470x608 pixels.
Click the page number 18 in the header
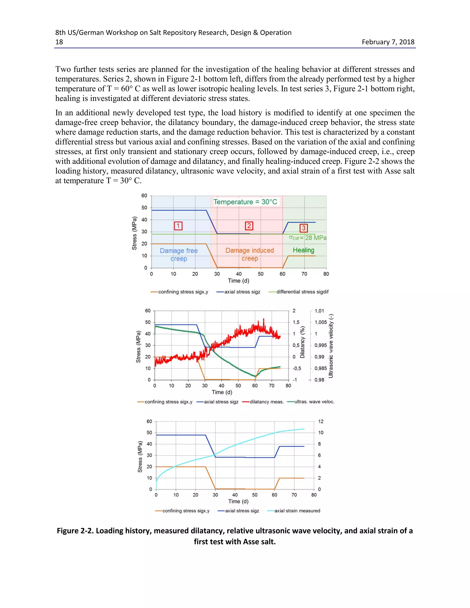click(59, 42)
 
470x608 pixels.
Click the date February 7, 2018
click(388, 42)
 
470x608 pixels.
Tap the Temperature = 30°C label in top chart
click(245, 202)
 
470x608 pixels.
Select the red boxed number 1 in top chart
click(178, 226)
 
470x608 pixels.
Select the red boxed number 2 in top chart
click(249, 226)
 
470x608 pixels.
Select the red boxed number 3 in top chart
click(303, 228)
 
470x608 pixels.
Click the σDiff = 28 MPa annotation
click(307, 238)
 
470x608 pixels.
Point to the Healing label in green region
click(303, 250)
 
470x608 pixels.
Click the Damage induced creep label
click(249, 254)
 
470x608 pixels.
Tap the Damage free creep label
click(179, 254)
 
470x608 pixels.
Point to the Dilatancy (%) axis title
click(302, 342)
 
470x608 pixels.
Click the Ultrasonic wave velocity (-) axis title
click(331, 346)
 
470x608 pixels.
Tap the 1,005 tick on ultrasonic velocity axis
click(321, 322)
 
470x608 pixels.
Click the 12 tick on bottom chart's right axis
click(321, 421)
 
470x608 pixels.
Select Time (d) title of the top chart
click(238, 281)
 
